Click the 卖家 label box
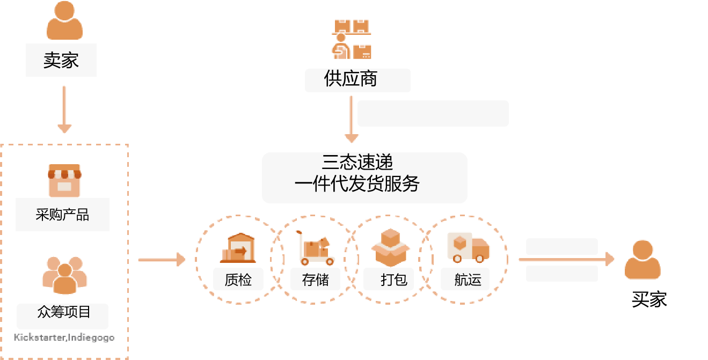click(61, 60)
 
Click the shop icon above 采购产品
click(64, 181)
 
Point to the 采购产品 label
click(62, 215)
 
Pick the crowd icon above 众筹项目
click(64, 275)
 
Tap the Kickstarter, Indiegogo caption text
click(64, 338)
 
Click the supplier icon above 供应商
click(352, 39)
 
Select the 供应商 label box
click(357, 80)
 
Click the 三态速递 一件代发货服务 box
click(364, 178)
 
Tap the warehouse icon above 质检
click(237, 247)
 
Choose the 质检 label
click(238, 279)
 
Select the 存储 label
click(315, 279)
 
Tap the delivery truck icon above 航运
click(468, 247)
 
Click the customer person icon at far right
click(643, 260)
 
